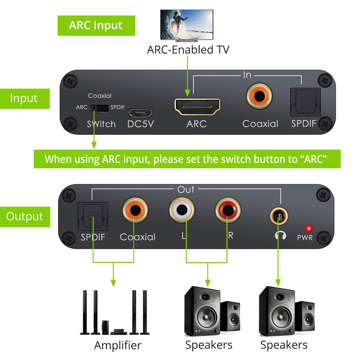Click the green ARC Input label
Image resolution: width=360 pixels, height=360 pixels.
point(96,25)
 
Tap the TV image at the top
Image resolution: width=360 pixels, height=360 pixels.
point(187,25)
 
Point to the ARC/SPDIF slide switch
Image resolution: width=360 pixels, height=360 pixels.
point(99,108)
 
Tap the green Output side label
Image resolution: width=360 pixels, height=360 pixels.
point(24,216)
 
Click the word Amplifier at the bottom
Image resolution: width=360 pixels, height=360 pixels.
point(117,346)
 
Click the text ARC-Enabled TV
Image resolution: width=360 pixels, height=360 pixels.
point(188,49)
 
